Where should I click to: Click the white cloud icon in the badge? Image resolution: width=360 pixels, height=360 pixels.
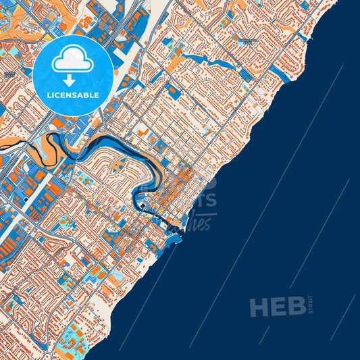72,59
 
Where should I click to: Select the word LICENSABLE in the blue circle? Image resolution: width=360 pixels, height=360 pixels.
73,95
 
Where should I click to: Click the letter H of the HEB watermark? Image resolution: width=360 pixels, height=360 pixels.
259,307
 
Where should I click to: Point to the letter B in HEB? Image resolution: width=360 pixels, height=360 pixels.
295,307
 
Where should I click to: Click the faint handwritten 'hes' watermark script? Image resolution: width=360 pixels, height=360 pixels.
201,223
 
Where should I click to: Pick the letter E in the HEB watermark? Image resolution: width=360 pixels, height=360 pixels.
278,307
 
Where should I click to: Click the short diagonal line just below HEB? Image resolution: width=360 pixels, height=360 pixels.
264,334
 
